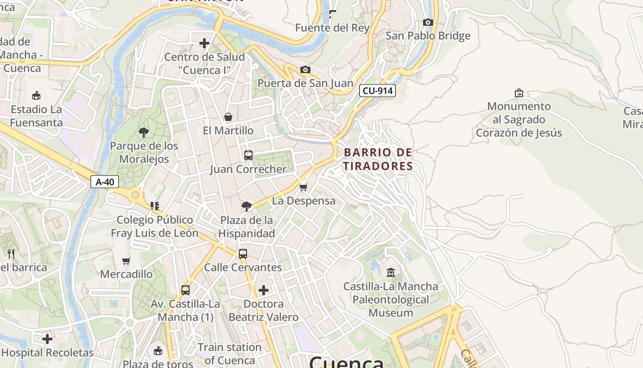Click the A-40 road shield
tap(105, 182)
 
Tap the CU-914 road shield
tap(377, 91)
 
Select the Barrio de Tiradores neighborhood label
tap(378, 159)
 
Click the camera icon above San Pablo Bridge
tap(428, 22)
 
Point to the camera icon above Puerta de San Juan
tap(305, 69)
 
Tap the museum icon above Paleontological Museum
tap(391, 273)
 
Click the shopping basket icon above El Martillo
tap(228, 117)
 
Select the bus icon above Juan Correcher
tap(248, 155)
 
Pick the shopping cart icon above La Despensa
tap(303, 187)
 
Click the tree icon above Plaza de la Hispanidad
tap(247, 206)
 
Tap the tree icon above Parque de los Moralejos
tap(144, 132)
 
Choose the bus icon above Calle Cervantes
tap(243, 253)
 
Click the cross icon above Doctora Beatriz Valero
tap(264, 290)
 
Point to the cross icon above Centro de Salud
tap(204, 43)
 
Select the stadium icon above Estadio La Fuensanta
tap(36, 96)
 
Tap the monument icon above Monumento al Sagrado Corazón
tap(519, 93)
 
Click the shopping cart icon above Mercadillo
tap(126, 261)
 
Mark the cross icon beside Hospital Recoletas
tap(47, 339)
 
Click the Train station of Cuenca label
tap(229, 353)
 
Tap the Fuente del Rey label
tap(332, 28)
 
